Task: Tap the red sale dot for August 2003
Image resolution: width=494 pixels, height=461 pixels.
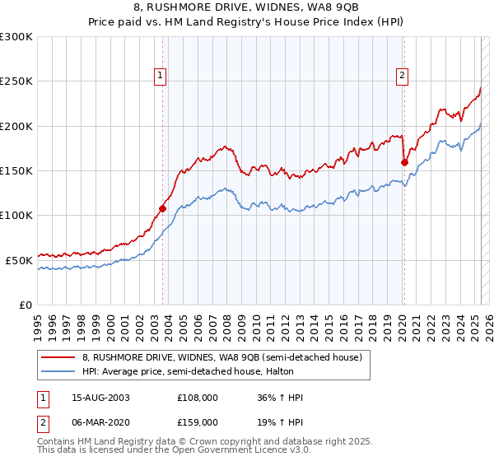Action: pos(162,208)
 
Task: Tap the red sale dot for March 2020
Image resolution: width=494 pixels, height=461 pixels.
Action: pos(404,163)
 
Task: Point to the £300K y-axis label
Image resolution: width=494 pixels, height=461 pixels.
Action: pos(16,37)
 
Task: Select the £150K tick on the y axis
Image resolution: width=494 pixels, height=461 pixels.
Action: pos(16,170)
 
